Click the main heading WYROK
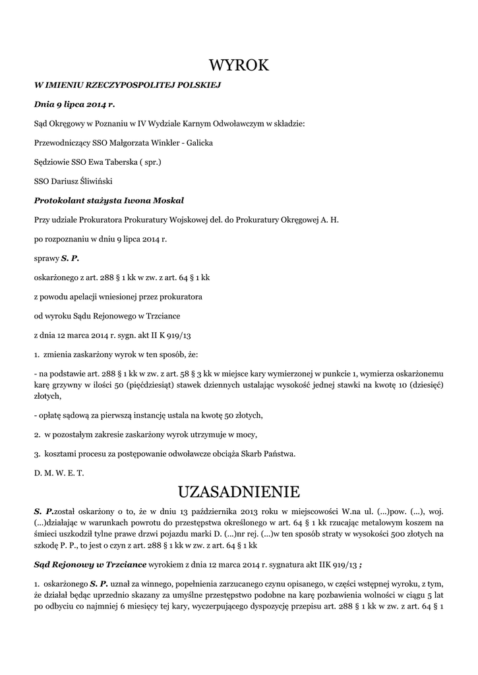coord(239,65)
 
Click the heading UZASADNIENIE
coord(239,492)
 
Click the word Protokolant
coord(59,200)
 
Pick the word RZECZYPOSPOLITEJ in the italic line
coord(120,85)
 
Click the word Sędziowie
coord(52,161)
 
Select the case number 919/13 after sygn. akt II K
coord(178,335)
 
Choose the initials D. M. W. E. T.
coord(59,473)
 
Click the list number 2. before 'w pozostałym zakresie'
coord(38,434)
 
